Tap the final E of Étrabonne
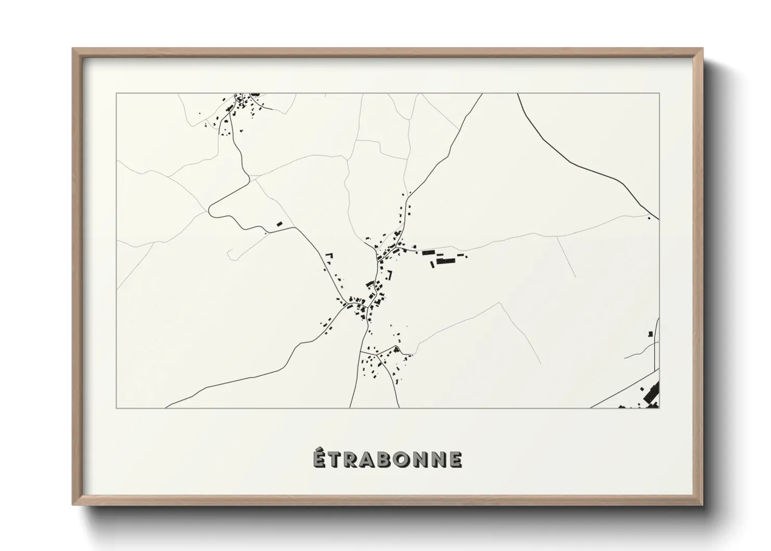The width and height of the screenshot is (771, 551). pos(455,459)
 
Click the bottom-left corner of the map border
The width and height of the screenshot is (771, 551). pos(117,408)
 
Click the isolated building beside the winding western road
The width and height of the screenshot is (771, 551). pos(279,224)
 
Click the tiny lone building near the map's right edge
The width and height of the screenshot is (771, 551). pos(649,218)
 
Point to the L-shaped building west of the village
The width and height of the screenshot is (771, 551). pos(329,256)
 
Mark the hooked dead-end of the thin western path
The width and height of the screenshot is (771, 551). pos(229,254)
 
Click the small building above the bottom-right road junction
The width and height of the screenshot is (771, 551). pos(650,334)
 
